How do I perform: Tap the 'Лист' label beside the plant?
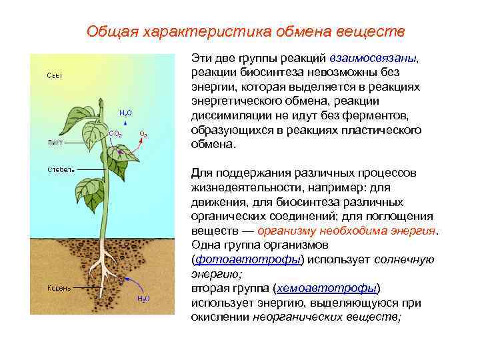pyautogui.click(x=55, y=142)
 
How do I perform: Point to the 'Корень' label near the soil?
pyautogui.click(x=59, y=288)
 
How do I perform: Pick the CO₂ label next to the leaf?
pyautogui.click(x=115, y=133)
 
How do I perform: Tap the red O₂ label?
pyautogui.click(x=143, y=135)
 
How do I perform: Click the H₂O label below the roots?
pyautogui.click(x=143, y=298)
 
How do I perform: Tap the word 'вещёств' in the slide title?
pyautogui.click(x=374, y=31)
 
